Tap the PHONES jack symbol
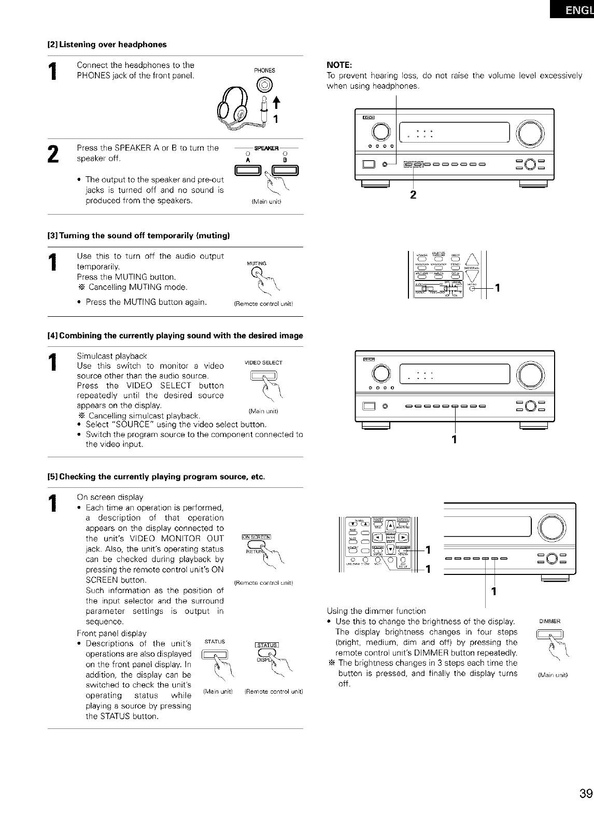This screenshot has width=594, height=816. point(265,86)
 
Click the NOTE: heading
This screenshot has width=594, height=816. point(339,65)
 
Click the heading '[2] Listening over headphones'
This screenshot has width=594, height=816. point(107,45)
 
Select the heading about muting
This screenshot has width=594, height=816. point(138,236)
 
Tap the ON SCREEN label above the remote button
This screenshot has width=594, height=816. point(258,536)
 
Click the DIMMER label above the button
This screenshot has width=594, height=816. point(547,622)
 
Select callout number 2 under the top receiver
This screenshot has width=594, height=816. point(413,195)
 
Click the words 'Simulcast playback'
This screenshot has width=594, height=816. point(111,356)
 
